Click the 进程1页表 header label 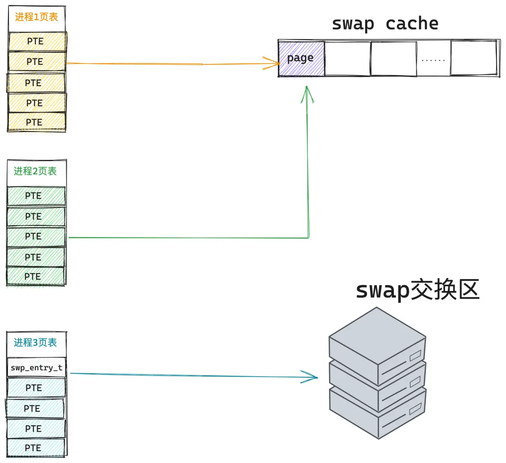pyautogui.click(x=37, y=17)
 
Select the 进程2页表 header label pyautogui.click(x=35, y=171)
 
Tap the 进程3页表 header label pyautogui.click(x=35, y=342)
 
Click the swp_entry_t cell pyautogui.click(x=37, y=367)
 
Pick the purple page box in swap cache pyautogui.click(x=301, y=59)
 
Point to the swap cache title pyautogui.click(x=385, y=24)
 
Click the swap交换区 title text pyautogui.click(x=418, y=290)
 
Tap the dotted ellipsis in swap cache pyautogui.click(x=433, y=60)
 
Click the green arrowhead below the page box pyautogui.click(x=307, y=94)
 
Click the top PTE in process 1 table pyautogui.click(x=38, y=41)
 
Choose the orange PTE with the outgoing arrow pyautogui.click(x=37, y=61)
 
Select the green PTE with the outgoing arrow pyautogui.click(x=36, y=237)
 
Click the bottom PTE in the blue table pyautogui.click(x=36, y=448)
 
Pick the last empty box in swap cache pyautogui.click(x=474, y=58)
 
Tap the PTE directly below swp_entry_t pyautogui.click(x=37, y=388)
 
